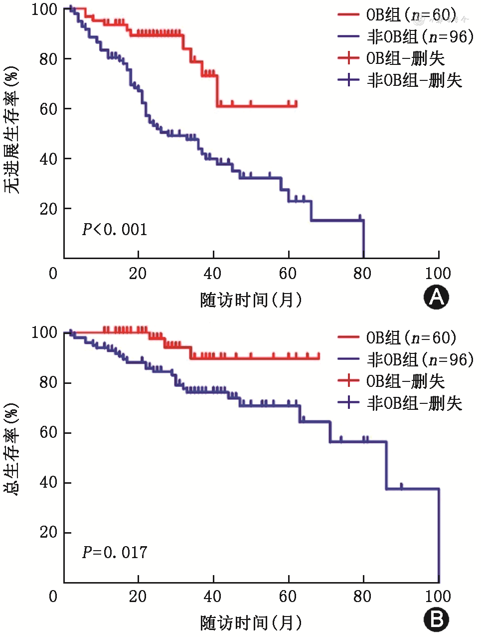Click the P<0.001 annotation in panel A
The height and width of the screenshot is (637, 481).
tap(115, 230)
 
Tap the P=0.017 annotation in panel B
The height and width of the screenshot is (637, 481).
tap(115, 553)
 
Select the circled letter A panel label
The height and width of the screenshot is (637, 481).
tap(436, 298)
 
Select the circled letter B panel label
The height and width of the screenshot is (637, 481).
tap(436, 620)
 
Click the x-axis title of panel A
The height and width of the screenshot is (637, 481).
tap(251, 300)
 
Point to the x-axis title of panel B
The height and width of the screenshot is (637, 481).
tap(251, 623)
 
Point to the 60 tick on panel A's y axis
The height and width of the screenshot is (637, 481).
tap(48, 109)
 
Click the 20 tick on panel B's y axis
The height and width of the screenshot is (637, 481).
tap(48, 533)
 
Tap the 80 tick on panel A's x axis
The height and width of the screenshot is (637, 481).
tap(363, 274)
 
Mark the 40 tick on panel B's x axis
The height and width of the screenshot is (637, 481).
tap(213, 596)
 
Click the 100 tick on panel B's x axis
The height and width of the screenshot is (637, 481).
tap(438, 596)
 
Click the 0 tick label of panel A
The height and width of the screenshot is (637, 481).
tap(53, 274)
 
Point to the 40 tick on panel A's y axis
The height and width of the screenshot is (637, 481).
tap(48, 159)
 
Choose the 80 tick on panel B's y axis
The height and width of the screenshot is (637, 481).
tap(48, 383)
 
